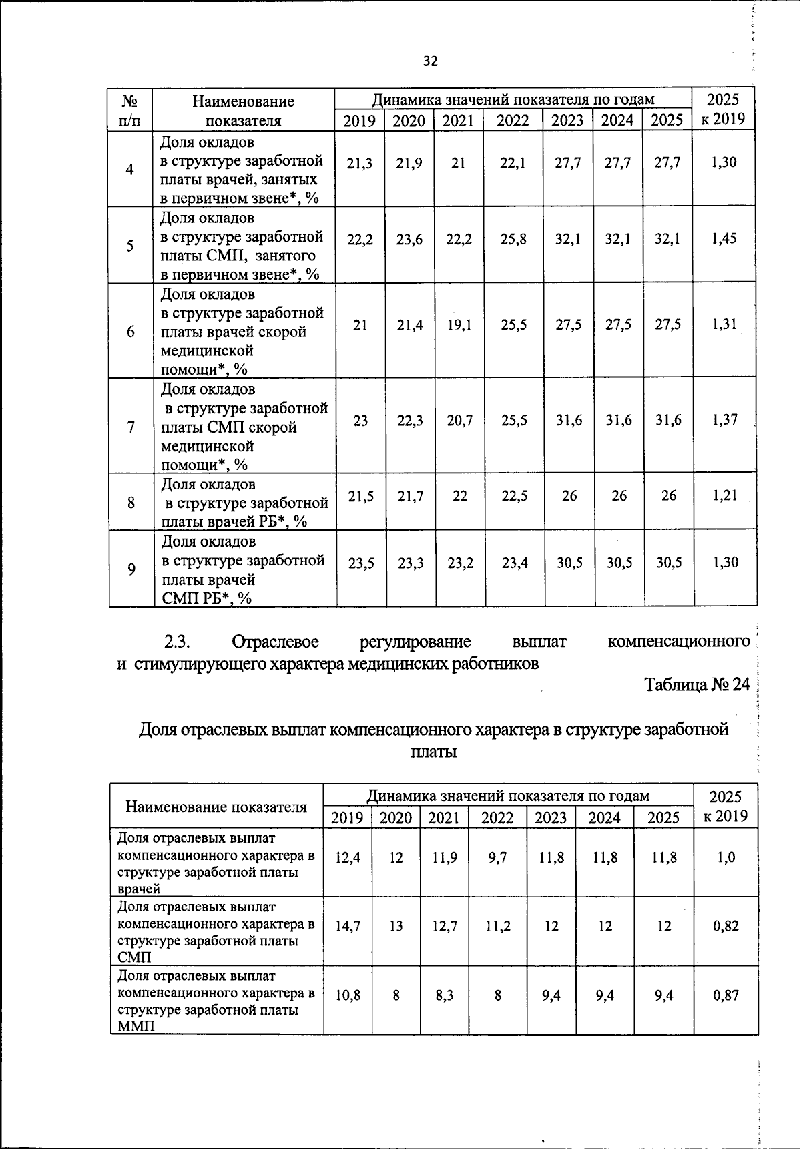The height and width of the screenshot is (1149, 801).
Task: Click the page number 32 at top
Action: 430,61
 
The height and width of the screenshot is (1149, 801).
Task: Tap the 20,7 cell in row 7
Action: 459,421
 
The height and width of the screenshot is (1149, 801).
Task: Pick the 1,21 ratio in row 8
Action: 724,496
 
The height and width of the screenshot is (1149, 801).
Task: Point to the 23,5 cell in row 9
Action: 361,563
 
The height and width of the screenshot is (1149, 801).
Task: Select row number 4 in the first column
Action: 130,170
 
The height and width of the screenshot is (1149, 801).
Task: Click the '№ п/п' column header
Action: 130,111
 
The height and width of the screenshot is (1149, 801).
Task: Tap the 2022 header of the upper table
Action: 513,121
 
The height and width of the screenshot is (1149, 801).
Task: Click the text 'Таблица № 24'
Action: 697,684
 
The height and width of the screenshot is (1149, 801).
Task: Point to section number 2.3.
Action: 178,642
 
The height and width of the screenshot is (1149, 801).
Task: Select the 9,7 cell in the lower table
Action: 497,858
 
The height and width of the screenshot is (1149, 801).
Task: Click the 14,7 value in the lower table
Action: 348,927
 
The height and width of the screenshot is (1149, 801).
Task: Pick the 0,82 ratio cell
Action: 726,927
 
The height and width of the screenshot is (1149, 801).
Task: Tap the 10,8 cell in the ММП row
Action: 348,996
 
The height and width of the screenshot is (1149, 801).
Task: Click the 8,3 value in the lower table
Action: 444,996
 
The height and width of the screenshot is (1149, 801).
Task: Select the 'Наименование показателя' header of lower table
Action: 216,807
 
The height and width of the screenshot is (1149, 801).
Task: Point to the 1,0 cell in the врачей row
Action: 726,858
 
